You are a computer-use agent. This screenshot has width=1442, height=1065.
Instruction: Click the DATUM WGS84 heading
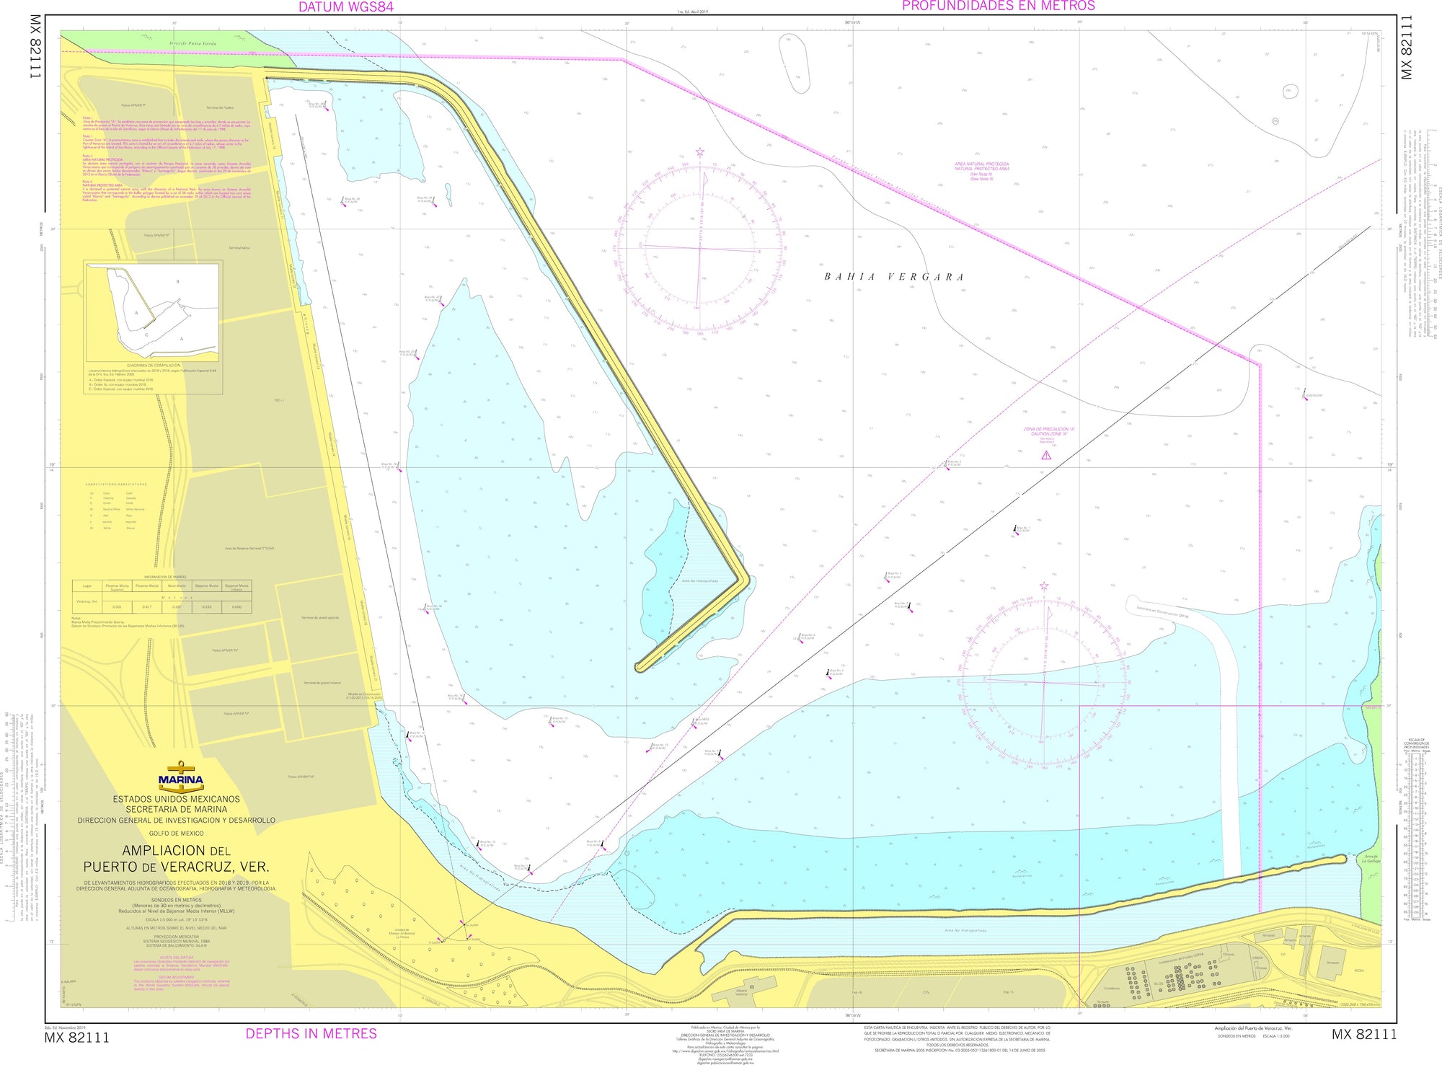[x=346, y=7]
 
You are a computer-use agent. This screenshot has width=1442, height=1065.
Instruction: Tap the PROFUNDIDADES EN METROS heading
[x=998, y=6]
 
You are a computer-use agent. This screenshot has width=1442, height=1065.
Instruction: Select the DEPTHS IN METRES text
[x=311, y=1033]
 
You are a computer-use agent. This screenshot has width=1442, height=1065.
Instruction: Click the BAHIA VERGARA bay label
[x=894, y=277]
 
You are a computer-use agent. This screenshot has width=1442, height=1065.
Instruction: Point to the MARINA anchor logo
[x=180, y=776]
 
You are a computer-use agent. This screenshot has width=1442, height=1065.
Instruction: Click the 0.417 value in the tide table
[x=147, y=606]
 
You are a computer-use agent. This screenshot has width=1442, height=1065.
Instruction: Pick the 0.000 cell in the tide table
[x=236, y=606]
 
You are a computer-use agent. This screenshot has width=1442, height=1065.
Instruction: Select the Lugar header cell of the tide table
[x=87, y=585]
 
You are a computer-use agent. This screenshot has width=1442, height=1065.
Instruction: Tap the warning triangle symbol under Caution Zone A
[x=1046, y=455]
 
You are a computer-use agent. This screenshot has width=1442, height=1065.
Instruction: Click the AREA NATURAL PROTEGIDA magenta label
[x=981, y=164]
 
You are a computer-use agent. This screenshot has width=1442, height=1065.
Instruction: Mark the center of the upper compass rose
[x=699, y=248]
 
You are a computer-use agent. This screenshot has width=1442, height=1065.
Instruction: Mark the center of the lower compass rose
[x=1044, y=681]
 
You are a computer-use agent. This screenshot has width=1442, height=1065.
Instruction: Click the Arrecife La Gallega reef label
[x=1371, y=858]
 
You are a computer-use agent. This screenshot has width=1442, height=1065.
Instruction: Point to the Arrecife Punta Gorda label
[x=193, y=43]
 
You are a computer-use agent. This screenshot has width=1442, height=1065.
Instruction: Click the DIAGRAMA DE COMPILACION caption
[x=154, y=366]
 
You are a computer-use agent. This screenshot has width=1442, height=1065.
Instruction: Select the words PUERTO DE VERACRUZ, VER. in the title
[x=176, y=867]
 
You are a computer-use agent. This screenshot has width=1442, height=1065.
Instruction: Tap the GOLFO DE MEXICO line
[x=177, y=834]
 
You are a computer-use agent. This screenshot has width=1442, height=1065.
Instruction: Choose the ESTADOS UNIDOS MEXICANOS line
[x=177, y=799]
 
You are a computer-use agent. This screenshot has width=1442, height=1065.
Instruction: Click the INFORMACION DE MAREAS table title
[x=165, y=577]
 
